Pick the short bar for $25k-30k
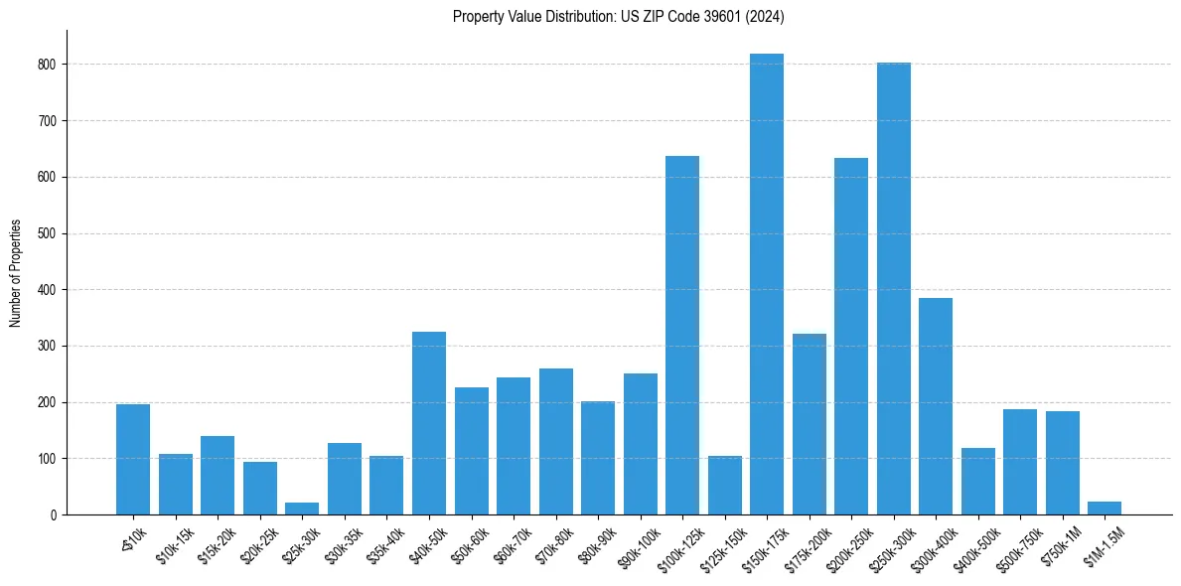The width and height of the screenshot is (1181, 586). (302, 509)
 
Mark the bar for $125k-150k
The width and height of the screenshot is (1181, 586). (724, 486)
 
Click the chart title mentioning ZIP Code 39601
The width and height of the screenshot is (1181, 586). (619, 16)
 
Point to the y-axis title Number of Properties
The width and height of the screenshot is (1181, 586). (16, 272)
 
